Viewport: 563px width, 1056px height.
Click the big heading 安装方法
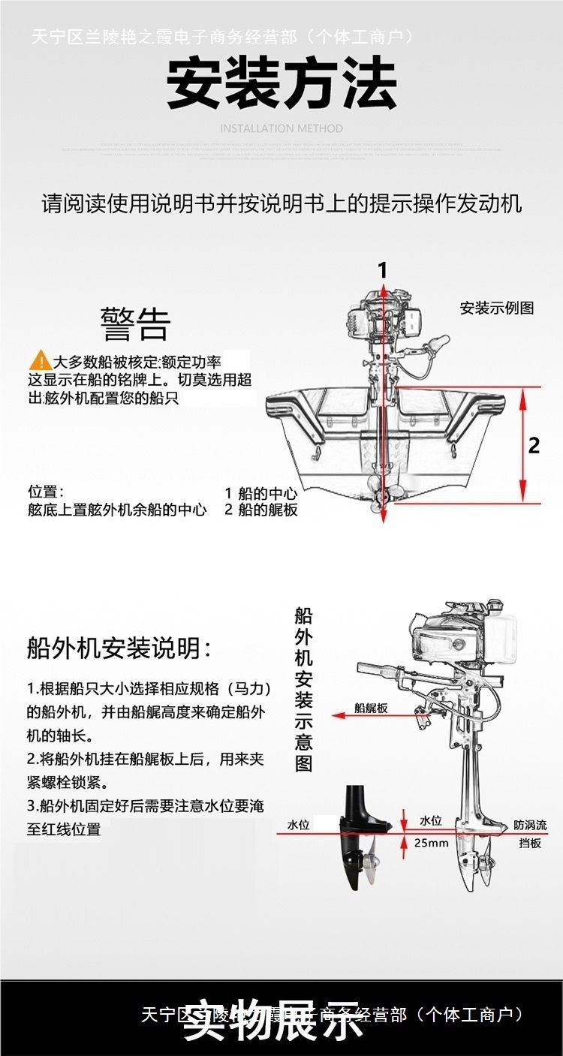pyautogui.click(x=281, y=84)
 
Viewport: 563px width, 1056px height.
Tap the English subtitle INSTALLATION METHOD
pyautogui.click(x=281, y=128)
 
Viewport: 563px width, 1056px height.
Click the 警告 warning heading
pyautogui.click(x=136, y=324)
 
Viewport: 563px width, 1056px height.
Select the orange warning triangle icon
pyautogui.click(x=40, y=361)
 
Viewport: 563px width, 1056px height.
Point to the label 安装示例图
pyautogui.click(x=497, y=308)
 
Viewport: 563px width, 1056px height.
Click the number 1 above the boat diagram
pyautogui.click(x=383, y=270)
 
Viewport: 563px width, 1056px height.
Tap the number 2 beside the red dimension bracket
pyautogui.click(x=534, y=445)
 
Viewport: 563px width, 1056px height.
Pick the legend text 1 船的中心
pyautogui.click(x=260, y=494)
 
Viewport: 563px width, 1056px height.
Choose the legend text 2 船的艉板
pyautogui.click(x=260, y=510)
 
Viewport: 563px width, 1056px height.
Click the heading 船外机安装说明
pyautogui.click(x=119, y=648)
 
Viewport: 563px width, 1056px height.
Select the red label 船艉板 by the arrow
pyautogui.click(x=371, y=708)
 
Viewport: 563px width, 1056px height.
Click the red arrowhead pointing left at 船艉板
pyautogui.click(x=338, y=716)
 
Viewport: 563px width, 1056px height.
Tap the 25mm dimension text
pyautogui.click(x=431, y=843)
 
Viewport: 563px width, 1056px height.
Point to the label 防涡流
pyautogui.click(x=530, y=825)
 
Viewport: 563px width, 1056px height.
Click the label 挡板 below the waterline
pyautogui.click(x=530, y=843)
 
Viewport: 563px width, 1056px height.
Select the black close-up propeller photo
pyautogui.click(x=364, y=844)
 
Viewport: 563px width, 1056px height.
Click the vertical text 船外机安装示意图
pyautogui.click(x=304, y=690)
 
